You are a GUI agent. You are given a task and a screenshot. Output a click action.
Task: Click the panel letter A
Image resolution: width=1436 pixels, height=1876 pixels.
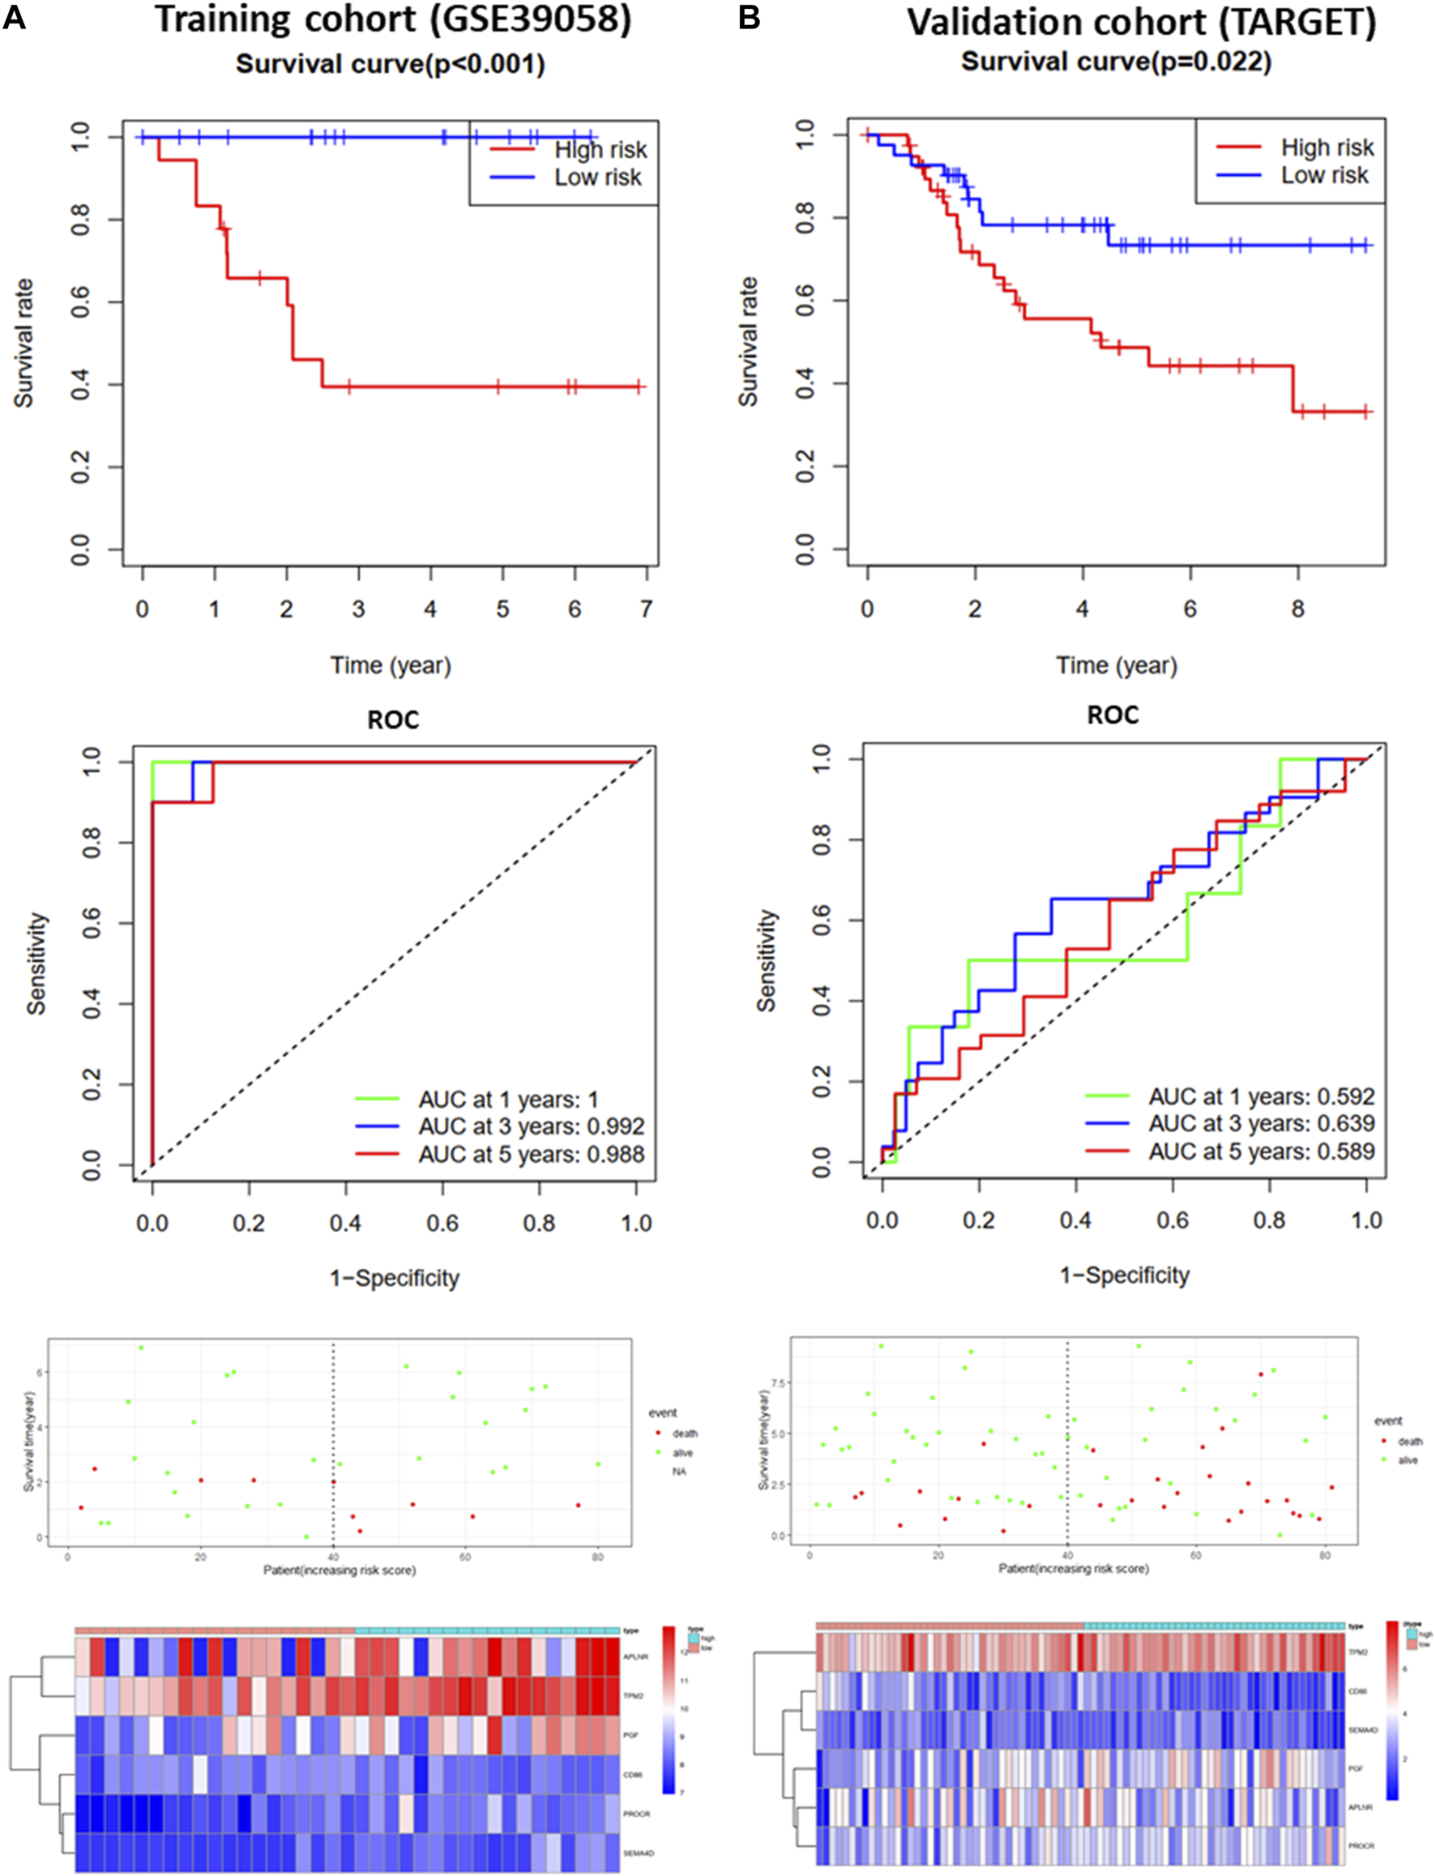(x=15, y=18)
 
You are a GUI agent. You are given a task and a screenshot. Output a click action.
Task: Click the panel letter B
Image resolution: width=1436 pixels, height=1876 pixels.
(x=749, y=18)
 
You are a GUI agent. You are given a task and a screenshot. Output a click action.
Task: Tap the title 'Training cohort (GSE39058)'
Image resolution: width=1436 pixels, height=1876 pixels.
(x=393, y=20)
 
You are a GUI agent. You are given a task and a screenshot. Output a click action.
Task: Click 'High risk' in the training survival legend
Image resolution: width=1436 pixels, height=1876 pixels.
(x=600, y=150)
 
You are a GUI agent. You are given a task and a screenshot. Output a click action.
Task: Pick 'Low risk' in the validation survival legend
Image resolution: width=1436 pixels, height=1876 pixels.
(x=1324, y=175)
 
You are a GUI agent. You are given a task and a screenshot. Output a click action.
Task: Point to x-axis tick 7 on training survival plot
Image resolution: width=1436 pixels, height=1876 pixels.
(x=646, y=609)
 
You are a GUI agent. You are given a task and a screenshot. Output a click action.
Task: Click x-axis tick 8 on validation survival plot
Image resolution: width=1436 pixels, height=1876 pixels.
(x=1297, y=609)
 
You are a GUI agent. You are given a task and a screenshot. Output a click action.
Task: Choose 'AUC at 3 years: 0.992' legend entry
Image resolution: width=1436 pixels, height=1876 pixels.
(x=531, y=1126)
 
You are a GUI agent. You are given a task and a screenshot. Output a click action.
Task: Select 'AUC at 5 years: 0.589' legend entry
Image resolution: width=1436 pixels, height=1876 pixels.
(x=1261, y=1152)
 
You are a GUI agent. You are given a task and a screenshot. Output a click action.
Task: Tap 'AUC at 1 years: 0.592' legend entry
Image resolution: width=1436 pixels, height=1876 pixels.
(x=1261, y=1096)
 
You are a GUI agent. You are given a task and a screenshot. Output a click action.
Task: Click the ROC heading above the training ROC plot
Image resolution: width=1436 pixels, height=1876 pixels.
(x=393, y=720)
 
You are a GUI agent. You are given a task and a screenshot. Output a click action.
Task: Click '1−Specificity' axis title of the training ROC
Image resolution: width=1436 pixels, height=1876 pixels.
(x=395, y=1278)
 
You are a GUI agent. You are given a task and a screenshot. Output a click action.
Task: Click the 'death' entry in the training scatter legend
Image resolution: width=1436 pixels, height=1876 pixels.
(x=685, y=1434)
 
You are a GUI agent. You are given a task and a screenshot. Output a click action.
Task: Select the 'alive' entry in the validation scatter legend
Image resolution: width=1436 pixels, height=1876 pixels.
(x=1408, y=1459)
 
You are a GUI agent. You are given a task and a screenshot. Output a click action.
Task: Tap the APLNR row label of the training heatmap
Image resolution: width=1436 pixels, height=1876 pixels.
(x=636, y=1656)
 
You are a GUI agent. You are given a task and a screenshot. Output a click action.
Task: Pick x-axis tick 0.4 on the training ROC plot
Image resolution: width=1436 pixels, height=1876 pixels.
(x=345, y=1223)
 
